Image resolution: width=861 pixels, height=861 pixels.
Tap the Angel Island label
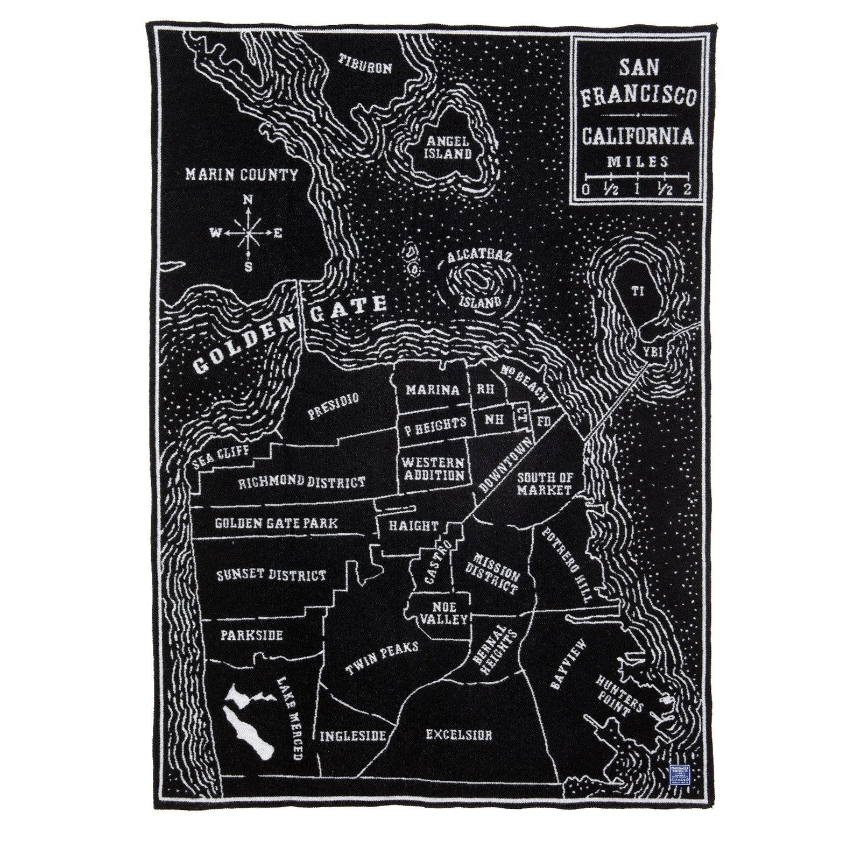(450, 146)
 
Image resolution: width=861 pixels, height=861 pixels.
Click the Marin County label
(241, 174)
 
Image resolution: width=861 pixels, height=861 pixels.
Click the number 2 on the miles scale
(687, 188)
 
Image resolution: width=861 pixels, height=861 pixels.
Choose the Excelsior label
(458, 735)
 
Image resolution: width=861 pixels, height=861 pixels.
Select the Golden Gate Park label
(276, 523)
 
